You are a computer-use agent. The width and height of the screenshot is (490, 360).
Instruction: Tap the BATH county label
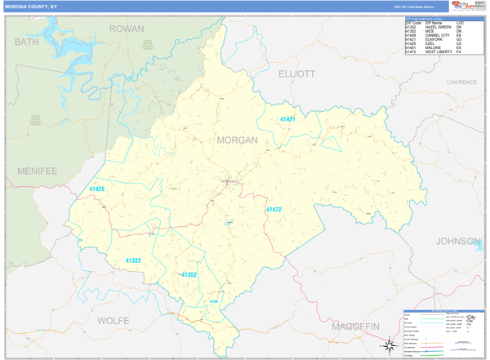pos(26,41)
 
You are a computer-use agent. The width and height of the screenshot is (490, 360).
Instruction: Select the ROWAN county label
pos(127,29)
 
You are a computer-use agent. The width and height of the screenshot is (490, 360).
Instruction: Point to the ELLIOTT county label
pos(296,73)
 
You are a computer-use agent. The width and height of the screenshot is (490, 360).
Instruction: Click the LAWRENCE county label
pos(461,82)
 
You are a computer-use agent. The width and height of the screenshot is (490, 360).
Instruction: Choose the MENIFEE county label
pos(37,171)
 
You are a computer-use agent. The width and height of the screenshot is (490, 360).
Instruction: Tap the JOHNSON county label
pos(457,241)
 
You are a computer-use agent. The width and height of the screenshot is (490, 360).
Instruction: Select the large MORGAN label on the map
pos(237,140)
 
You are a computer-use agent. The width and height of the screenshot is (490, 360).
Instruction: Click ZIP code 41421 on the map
pos(287,120)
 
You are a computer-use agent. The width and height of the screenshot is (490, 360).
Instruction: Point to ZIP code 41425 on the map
pos(96,189)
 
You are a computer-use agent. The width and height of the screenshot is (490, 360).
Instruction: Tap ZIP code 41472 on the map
pos(274,210)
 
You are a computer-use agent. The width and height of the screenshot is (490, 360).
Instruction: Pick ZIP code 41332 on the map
pos(133,260)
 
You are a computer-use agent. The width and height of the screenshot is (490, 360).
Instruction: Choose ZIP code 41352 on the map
pos(189,275)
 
